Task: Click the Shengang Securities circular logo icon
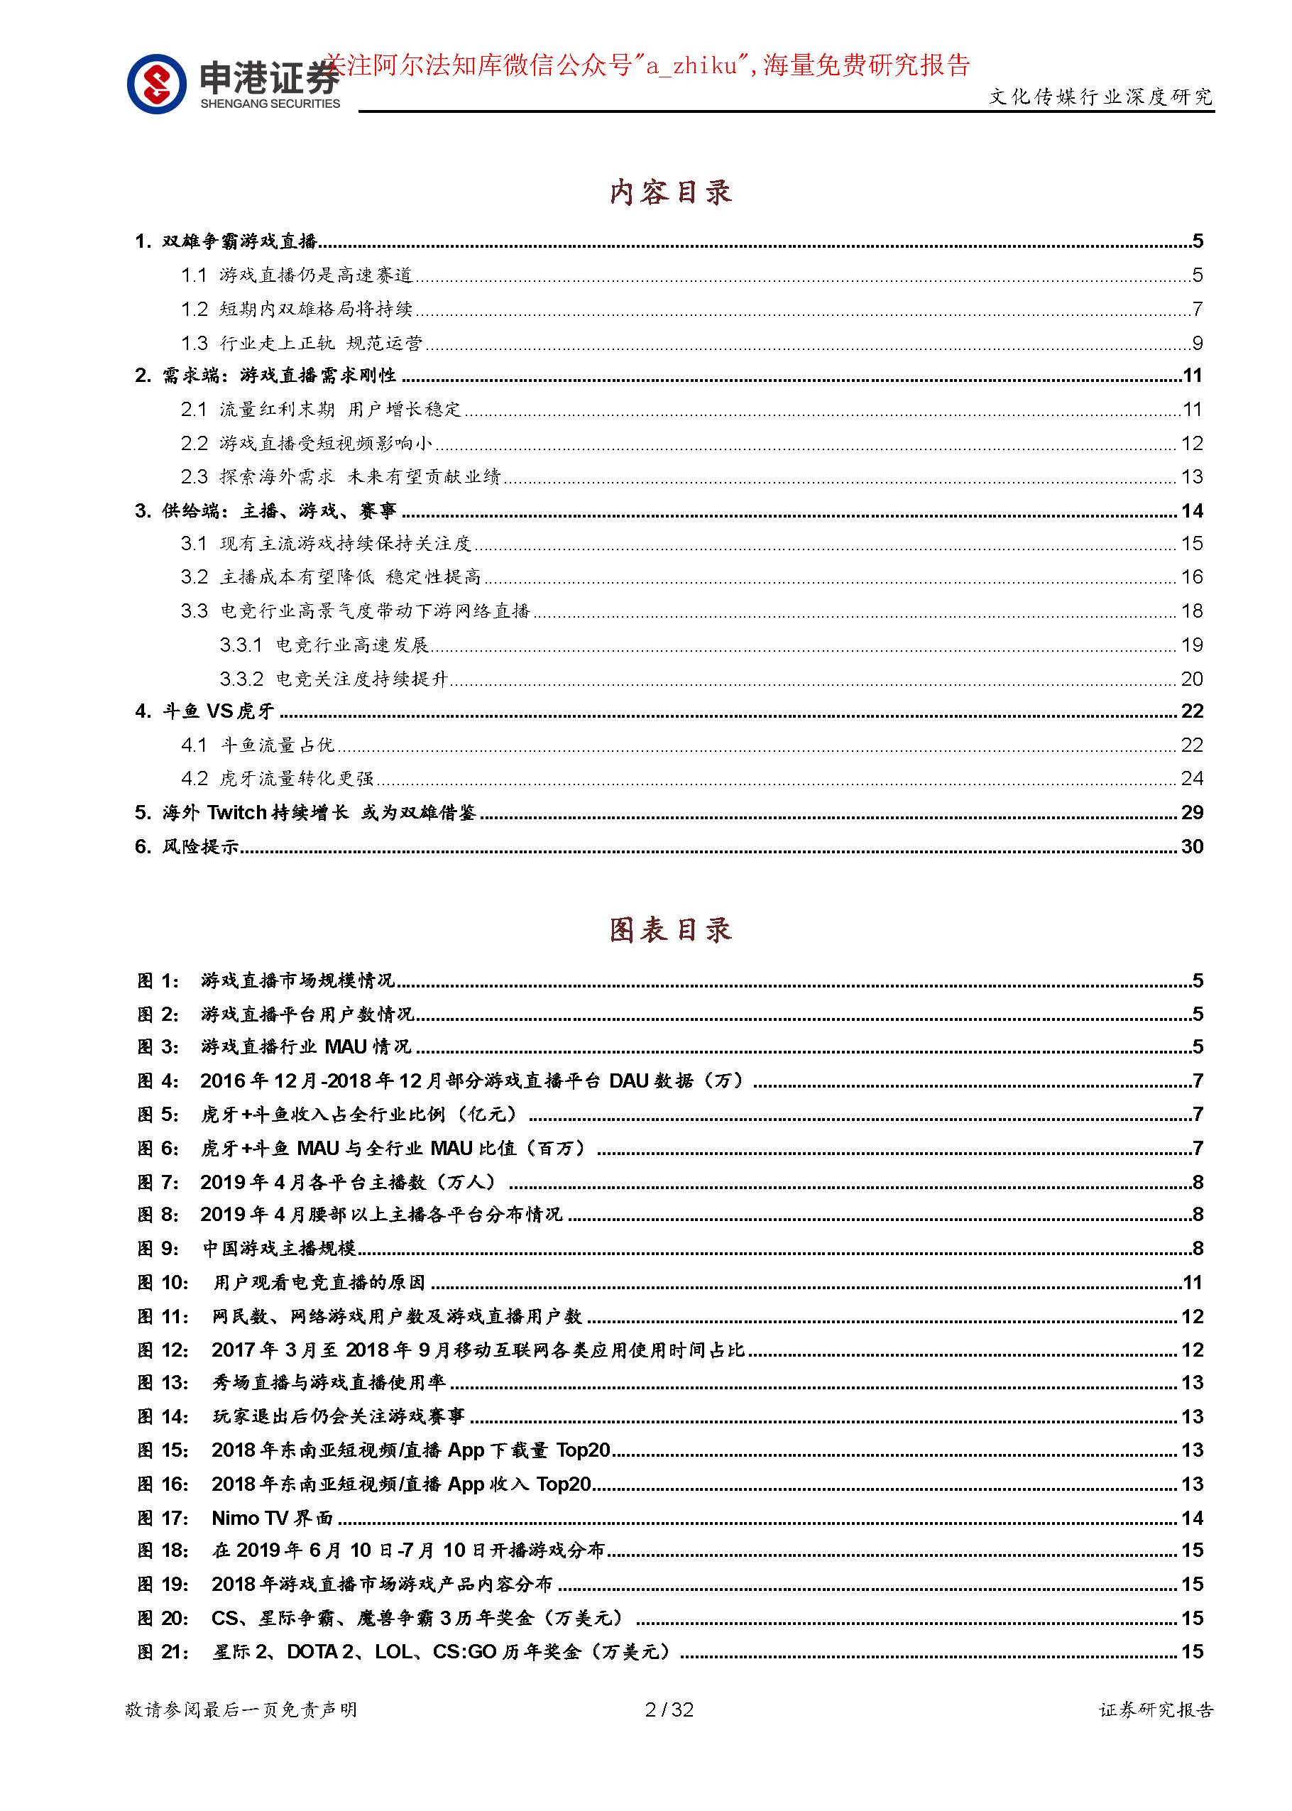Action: coord(157,84)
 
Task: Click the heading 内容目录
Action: coord(670,192)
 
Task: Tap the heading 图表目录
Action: coord(670,929)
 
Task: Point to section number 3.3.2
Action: coord(241,678)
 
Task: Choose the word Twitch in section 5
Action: coord(236,811)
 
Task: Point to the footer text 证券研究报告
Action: coord(1156,1709)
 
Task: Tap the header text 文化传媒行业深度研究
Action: coord(1100,97)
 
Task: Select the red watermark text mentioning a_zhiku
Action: coord(647,65)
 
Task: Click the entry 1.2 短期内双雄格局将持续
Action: coord(296,308)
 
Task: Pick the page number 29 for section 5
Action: coord(1191,811)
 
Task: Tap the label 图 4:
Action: coord(158,1080)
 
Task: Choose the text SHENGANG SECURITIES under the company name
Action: coord(270,104)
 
